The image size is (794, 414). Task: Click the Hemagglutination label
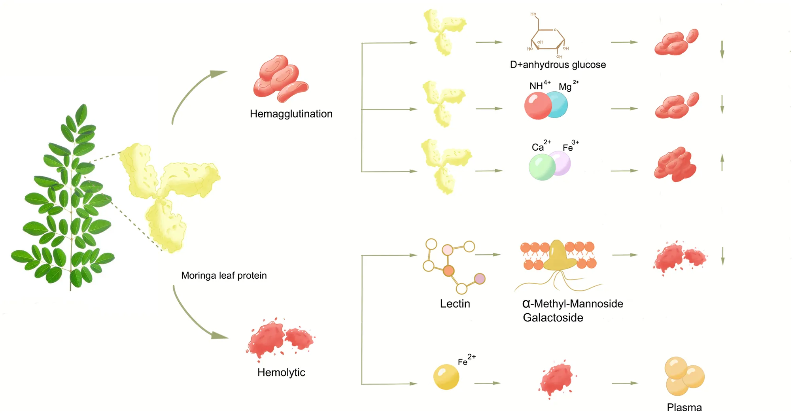pyautogui.click(x=291, y=114)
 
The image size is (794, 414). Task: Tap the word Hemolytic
pyautogui.click(x=281, y=372)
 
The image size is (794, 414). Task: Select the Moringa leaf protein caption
pyautogui.click(x=224, y=275)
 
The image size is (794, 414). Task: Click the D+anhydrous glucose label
pyautogui.click(x=558, y=64)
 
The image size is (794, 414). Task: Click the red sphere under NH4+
pyautogui.click(x=537, y=106)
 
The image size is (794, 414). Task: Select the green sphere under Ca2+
pyautogui.click(x=542, y=167)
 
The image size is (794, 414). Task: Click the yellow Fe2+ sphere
pyautogui.click(x=446, y=376)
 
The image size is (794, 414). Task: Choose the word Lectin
pyautogui.click(x=455, y=304)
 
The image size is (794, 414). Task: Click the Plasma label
pyautogui.click(x=684, y=407)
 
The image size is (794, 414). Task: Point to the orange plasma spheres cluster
pyautogui.click(x=684, y=376)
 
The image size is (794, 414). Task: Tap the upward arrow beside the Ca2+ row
pyautogui.click(x=722, y=163)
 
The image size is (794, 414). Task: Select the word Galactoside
pyautogui.click(x=553, y=318)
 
